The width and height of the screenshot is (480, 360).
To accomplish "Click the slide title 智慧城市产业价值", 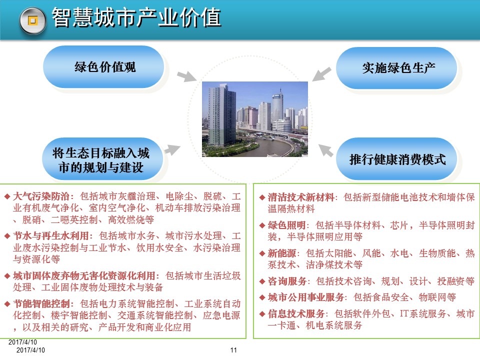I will pyautogui.click(x=136, y=18).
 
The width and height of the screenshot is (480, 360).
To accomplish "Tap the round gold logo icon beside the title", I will pyautogui.click(x=33, y=20).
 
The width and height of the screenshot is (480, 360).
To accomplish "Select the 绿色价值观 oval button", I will pyautogui.click(x=104, y=67).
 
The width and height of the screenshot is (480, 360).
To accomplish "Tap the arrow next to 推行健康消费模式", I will pyautogui.click(x=326, y=149).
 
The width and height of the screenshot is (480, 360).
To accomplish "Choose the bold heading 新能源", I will pyautogui.click(x=279, y=253).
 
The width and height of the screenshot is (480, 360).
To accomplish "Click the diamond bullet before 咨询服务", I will pyautogui.click(x=262, y=281).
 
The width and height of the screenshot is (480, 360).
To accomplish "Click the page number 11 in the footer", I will pyautogui.click(x=233, y=350).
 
